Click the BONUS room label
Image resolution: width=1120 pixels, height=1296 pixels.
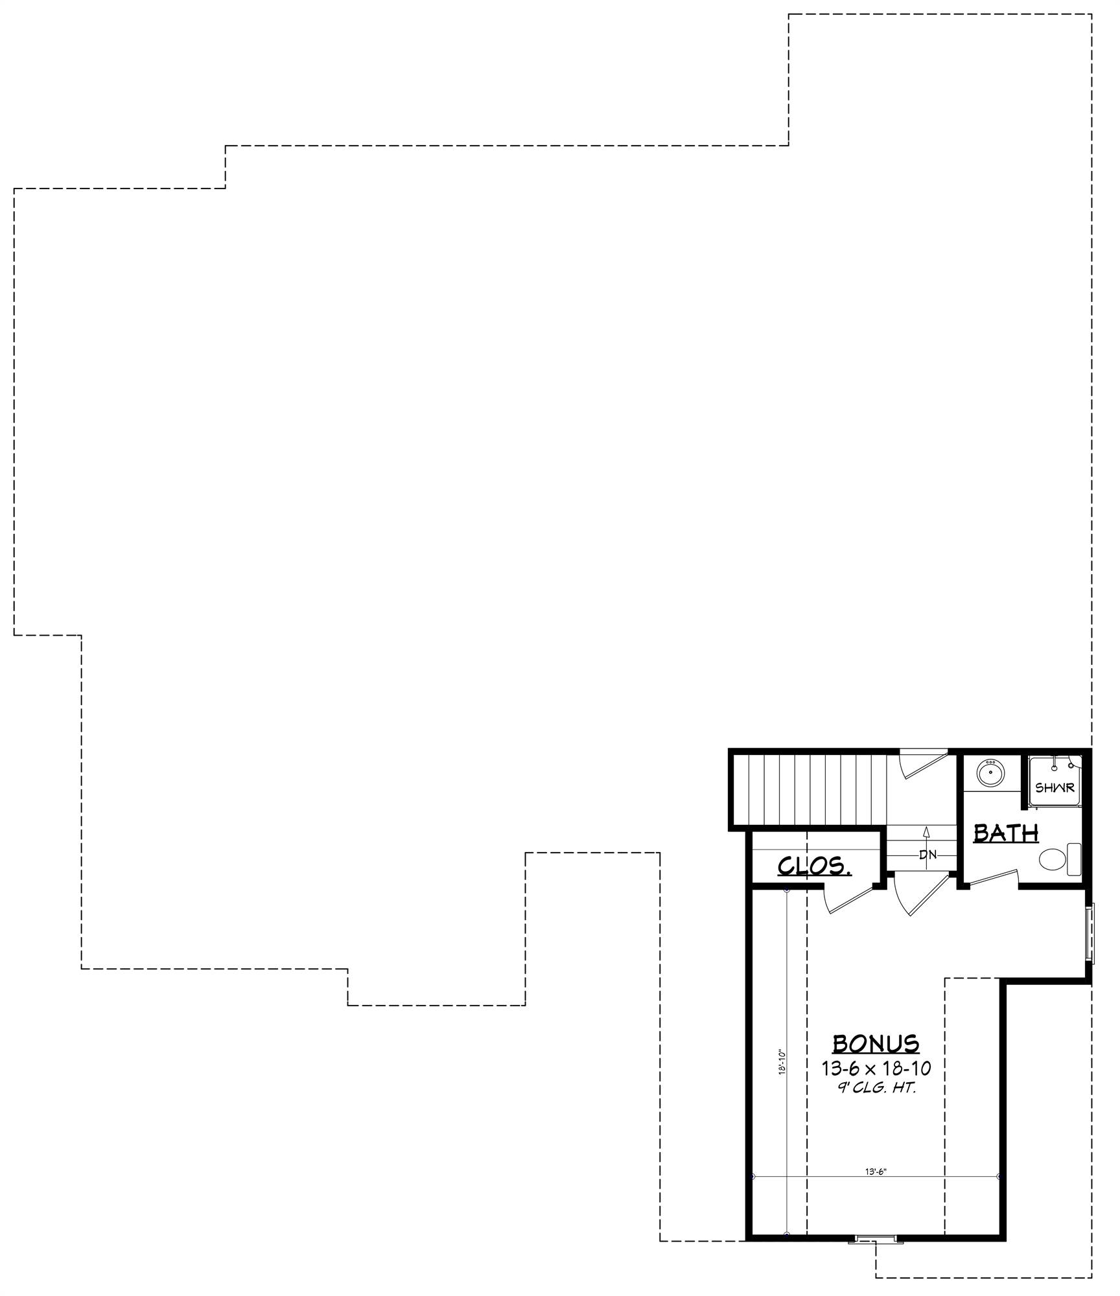point(875,1044)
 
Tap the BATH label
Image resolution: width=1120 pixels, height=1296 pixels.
point(1006,833)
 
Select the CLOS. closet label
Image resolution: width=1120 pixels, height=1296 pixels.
point(814,866)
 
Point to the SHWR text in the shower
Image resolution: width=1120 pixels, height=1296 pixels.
point(1055,788)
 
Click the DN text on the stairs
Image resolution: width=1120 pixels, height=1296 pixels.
point(928,855)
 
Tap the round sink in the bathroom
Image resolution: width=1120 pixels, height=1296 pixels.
point(990,773)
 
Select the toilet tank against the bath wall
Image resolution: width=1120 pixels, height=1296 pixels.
point(1074,860)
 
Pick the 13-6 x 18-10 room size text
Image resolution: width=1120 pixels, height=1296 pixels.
point(876,1067)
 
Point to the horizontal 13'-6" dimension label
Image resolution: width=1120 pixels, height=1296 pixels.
point(875,1171)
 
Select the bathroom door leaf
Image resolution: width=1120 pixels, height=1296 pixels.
point(990,877)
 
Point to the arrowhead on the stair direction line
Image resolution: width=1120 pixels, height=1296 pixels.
point(927,831)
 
